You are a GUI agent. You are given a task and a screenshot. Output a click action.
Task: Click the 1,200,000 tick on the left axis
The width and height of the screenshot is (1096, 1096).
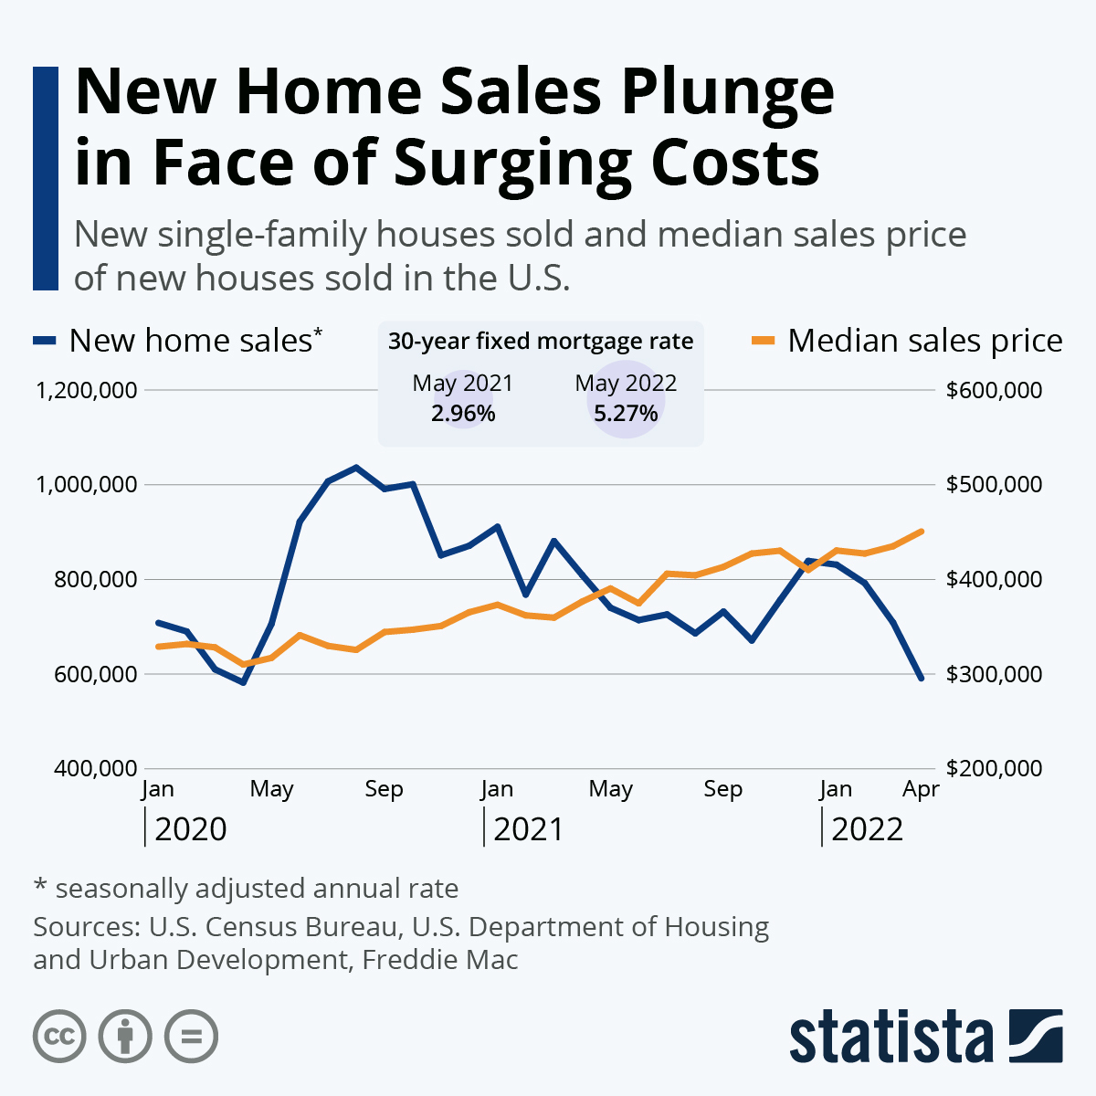(x=86, y=391)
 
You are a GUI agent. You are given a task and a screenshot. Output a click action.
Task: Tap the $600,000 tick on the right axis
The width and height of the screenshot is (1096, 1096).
(x=994, y=391)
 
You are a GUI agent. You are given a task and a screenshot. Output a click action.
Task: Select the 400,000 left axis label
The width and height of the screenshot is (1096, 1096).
(x=95, y=768)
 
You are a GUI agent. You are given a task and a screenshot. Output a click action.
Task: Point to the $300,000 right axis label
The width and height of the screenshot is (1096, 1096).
(x=994, y=674)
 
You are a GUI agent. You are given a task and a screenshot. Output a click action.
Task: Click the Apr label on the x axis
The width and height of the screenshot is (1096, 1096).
(x=921, y=789)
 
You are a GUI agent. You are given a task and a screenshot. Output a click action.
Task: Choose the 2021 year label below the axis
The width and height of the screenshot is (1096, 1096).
(x=529, y=829)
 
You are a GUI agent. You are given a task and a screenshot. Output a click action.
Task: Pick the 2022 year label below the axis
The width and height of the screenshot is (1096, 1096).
(x=867, y=829)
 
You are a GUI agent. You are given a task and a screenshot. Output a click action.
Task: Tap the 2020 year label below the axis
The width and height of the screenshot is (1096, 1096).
(x=191, y=829)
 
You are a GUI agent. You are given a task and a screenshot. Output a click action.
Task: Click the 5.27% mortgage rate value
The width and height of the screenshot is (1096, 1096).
(x=626, y=414)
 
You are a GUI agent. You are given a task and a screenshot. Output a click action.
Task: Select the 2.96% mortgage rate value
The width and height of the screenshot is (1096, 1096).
(x=463, y=414)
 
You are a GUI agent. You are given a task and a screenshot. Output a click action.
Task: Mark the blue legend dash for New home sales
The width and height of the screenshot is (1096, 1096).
(x=45, y=341)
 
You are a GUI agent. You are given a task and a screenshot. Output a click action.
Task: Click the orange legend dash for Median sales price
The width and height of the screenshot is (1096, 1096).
(x=764, y=341)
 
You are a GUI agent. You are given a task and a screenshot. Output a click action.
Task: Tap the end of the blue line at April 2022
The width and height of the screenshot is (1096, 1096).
(x=921, y=678)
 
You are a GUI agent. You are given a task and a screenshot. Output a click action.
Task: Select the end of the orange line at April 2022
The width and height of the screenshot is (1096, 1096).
(x=921, y=531)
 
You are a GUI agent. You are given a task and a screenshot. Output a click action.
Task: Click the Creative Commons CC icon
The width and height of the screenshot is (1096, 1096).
(x=59, y=1037)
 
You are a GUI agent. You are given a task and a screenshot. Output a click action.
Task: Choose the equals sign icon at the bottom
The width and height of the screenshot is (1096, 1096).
(x=191, y=1037)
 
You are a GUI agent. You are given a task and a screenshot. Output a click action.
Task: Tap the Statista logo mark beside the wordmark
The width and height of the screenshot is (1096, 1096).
(x=1036, y=1036)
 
